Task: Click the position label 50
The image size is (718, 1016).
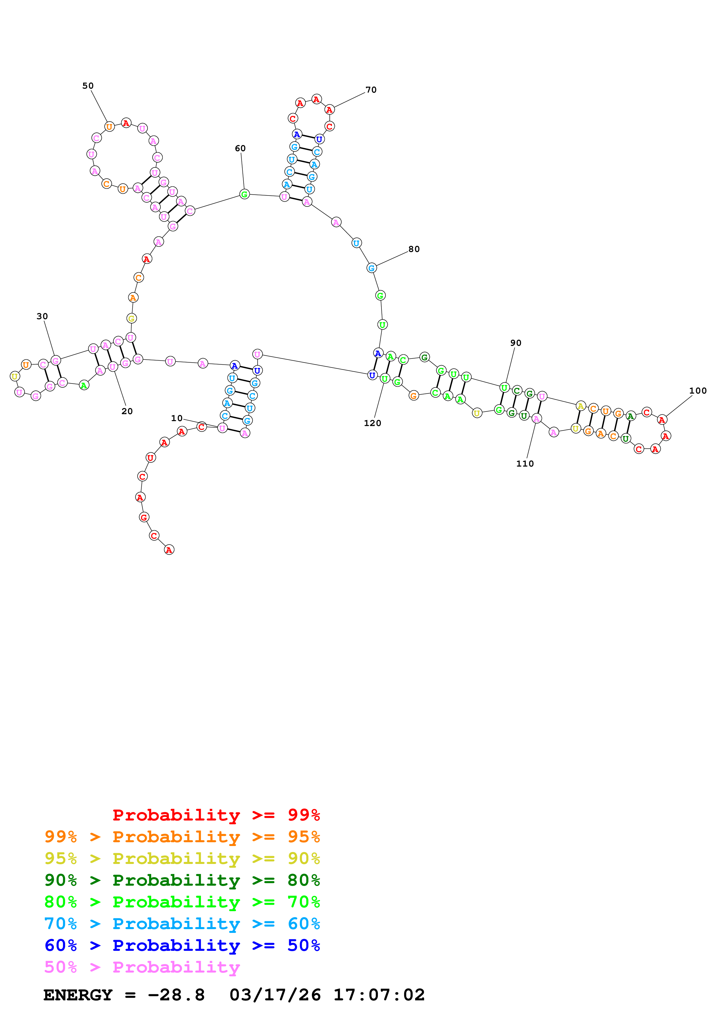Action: click(88, 86)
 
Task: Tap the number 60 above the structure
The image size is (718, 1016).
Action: click(240, 148)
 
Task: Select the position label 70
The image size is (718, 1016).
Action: click(371, 90)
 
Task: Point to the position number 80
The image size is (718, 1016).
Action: click(414, 249)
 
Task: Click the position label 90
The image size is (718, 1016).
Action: click(516, 343)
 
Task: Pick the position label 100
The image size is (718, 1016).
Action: click(698, 391)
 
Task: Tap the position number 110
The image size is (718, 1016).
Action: click(525, 464)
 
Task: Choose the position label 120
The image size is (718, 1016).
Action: click(372, 423)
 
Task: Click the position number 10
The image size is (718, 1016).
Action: click(176, 418)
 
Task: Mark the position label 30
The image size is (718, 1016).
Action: click(42, 316)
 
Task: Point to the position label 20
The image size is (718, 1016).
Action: click(127, 411)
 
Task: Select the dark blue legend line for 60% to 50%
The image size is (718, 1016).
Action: click(182, 945)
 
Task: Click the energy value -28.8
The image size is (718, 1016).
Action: click(176, 995)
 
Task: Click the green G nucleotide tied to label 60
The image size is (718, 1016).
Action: click(244, 194)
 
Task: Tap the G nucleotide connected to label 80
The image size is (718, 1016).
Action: click(372, 268)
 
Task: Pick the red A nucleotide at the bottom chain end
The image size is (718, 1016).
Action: click(169, 550)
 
